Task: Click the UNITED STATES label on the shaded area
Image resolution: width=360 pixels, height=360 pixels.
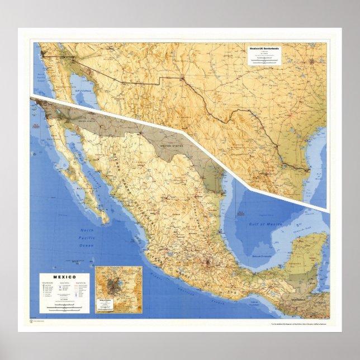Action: [x=172, y=146]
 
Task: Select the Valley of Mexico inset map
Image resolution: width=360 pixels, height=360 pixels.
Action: [x=119, y=290]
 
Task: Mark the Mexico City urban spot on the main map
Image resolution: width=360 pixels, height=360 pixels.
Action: [x=208, y=262]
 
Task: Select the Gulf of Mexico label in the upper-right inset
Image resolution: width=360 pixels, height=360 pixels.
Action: [x=319, y=178]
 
